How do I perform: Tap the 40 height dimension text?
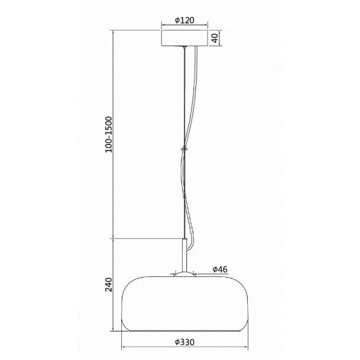pos(215,37)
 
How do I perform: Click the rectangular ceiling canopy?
pos(183,37)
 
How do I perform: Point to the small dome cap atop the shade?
pos(183,274)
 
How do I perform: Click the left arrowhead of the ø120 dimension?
pos(163,28)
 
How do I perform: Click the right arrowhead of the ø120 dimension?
pos(205,28)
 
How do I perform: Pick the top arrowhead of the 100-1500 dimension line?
pos(114,31)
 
